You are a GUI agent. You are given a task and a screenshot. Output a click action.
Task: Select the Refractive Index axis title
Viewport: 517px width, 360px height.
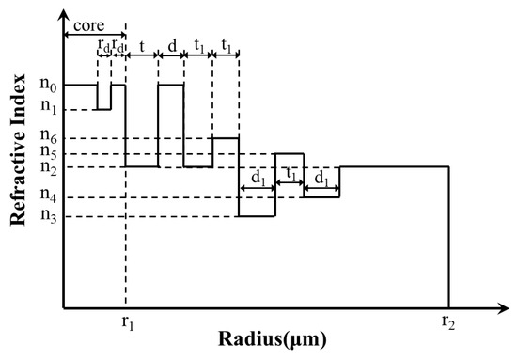click(x=18, y=156)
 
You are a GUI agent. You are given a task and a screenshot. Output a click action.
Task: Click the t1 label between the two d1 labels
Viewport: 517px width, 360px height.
click(x=290, y=175)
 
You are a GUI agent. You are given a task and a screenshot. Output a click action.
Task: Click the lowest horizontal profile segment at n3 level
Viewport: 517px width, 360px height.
click(x=256, y=216)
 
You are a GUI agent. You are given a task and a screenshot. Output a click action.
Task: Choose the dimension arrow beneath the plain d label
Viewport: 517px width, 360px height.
click(x=171, y=55)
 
